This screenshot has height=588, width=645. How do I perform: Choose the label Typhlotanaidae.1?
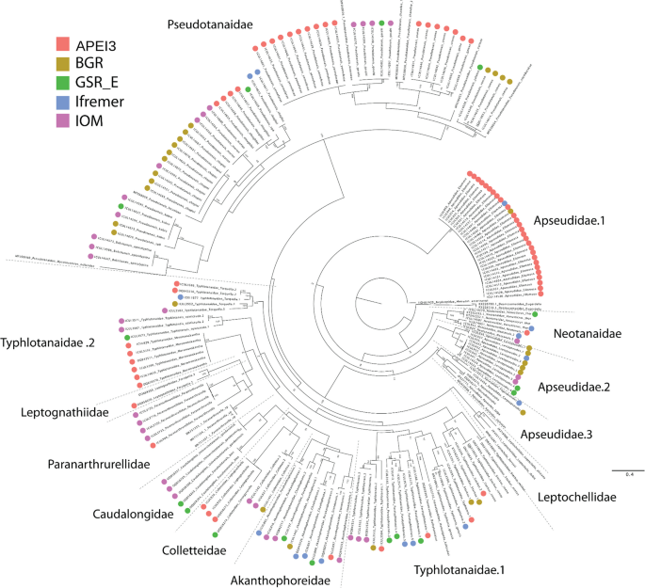click(x=455, y=569)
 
